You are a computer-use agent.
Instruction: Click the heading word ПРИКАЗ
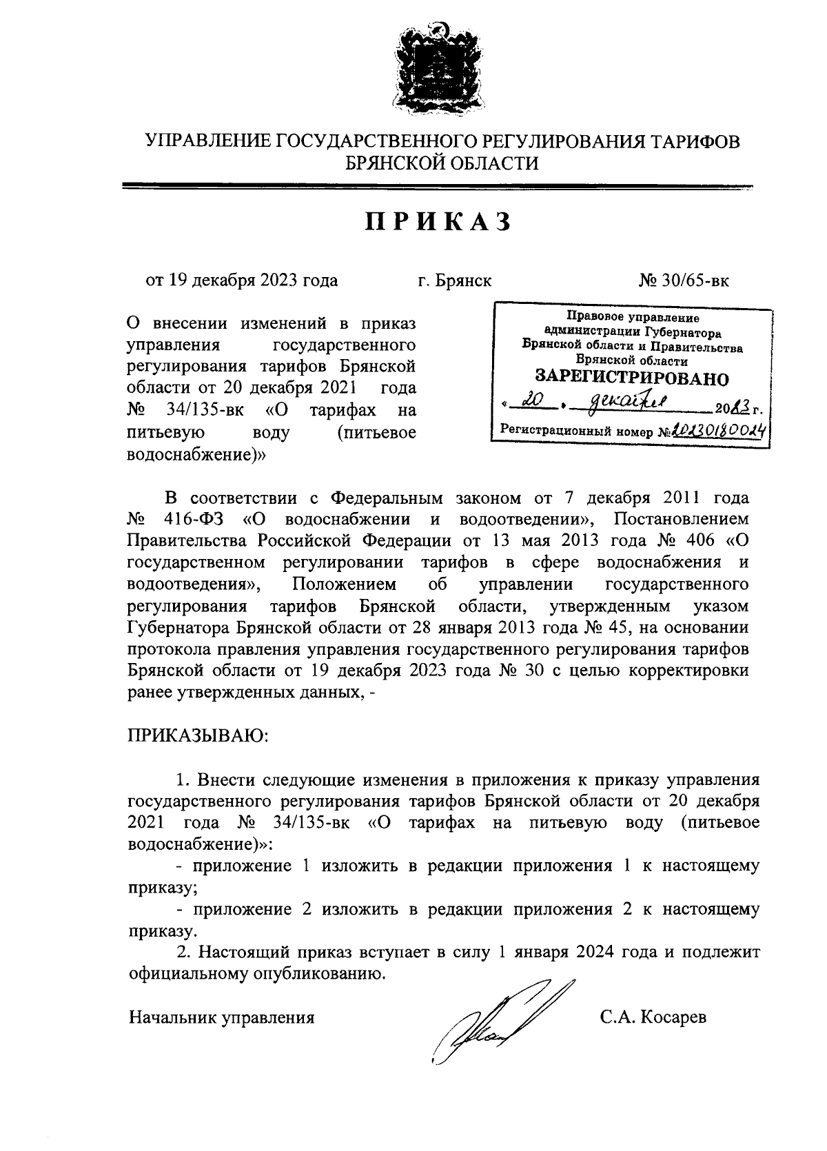pos(438,222)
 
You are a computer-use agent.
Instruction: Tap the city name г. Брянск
pos(455,281)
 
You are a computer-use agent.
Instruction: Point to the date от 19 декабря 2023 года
pos(241,281)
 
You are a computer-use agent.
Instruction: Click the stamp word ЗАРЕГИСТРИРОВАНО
pos(631,378)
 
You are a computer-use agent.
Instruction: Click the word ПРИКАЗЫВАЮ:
pos(198,737)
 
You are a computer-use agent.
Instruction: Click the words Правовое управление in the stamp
pos(632,318)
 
